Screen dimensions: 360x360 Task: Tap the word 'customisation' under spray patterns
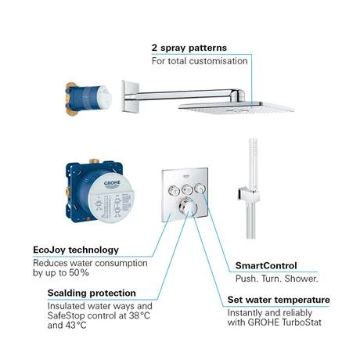click(x=215, y=61)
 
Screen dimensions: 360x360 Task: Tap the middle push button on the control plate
click(x=185, y=189)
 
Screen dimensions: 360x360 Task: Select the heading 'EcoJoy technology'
click(x=76, y=250)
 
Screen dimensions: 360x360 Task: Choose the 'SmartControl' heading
click(x=266, y=265)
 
